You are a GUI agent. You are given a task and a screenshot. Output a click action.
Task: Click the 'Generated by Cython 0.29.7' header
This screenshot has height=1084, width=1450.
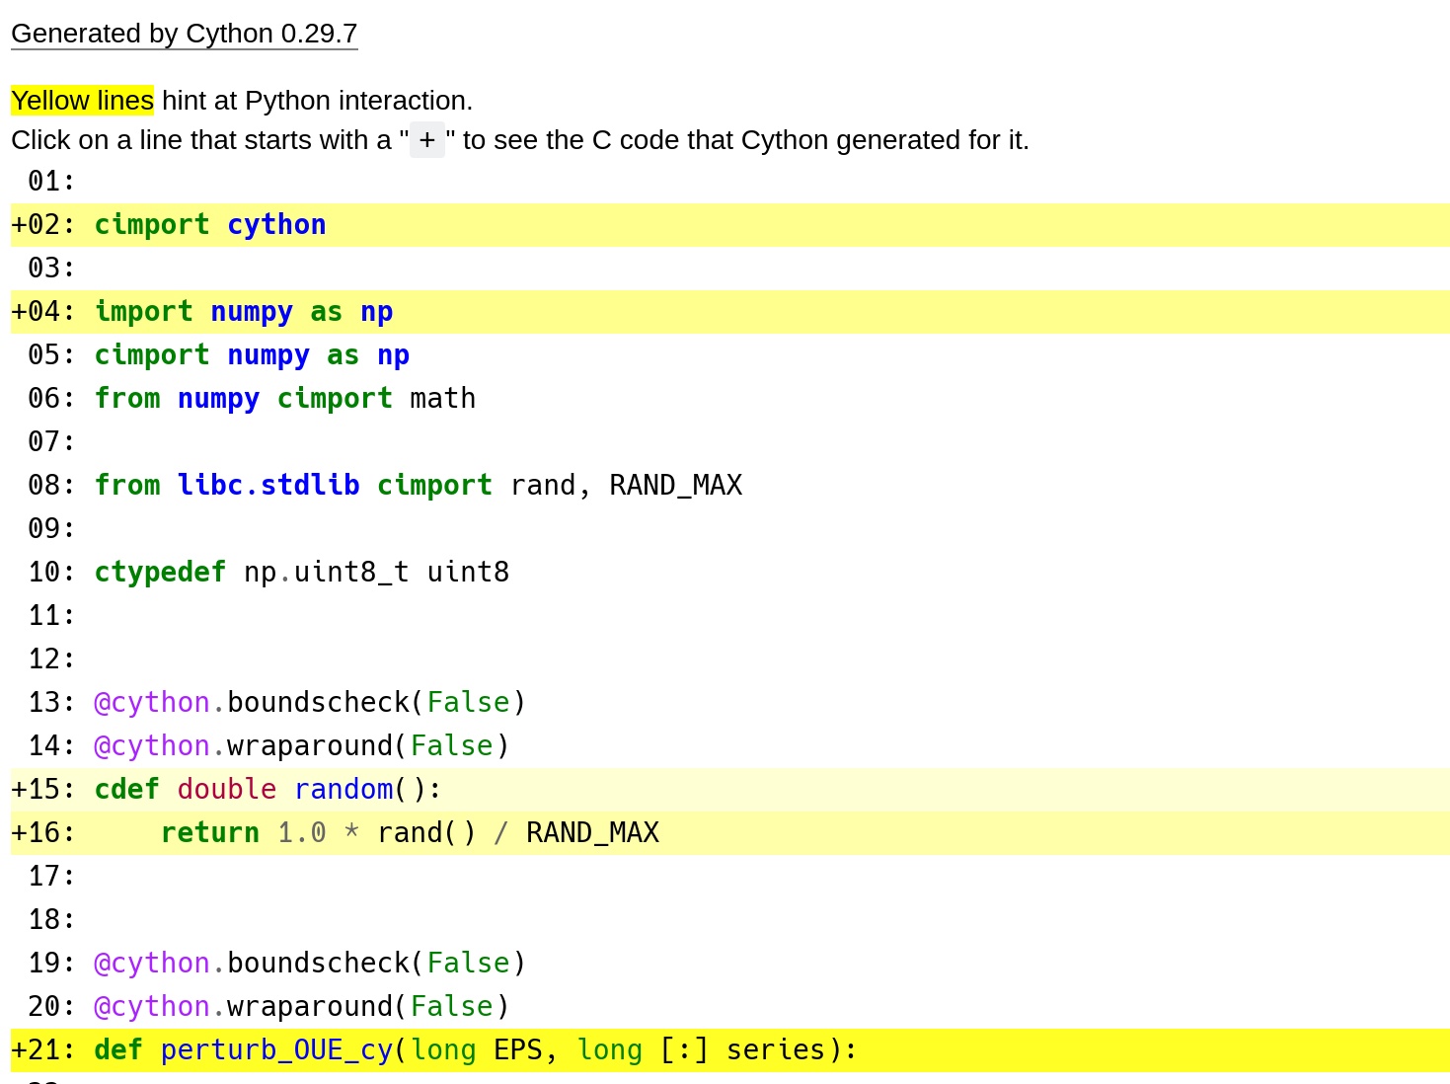[x=184, y=34]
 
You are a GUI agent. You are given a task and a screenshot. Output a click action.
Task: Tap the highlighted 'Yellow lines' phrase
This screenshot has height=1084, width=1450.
[x=82, y=101]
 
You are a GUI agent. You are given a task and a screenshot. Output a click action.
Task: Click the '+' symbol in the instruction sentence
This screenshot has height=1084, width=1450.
[x=426, y=140]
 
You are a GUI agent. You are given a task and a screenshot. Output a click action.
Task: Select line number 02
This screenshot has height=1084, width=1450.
[x=43, y=225]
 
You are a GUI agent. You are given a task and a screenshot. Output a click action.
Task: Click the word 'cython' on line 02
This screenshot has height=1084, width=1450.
[x=276, y=225]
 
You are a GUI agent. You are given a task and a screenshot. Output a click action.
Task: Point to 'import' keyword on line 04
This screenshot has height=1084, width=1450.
[x=143, y=312]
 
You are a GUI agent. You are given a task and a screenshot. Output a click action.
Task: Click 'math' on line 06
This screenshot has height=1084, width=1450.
[x=442, y=399]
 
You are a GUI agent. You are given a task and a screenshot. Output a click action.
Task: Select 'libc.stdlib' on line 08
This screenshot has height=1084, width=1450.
[x=267, y=486]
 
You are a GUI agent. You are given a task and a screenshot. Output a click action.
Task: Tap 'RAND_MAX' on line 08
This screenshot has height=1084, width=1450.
[x=675, y=486]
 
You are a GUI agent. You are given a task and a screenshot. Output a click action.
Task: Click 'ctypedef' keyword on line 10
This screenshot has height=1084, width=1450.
[x=160, y=573]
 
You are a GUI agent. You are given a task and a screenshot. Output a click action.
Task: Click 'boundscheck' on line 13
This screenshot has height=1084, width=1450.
[x=318, y=703]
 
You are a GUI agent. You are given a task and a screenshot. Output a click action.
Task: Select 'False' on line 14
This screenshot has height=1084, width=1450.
[x=451, y=746]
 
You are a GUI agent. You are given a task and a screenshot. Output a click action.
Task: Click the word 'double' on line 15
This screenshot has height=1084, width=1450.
[x=226, y=790]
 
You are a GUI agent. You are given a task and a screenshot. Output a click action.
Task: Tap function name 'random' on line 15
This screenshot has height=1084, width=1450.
[x=343, y=790]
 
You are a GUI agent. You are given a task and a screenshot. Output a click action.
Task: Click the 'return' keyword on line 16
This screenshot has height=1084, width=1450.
[x=209, y=833]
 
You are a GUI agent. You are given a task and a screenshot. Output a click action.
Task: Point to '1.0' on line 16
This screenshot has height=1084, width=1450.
[x=301, y=833]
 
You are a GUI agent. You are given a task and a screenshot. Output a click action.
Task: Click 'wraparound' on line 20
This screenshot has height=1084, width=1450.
[x=310, y=1007]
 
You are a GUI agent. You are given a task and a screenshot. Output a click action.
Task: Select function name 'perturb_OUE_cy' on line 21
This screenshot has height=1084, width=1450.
[x=276, y=1050]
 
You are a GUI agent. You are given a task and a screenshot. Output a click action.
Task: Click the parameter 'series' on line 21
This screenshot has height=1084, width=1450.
[x=775, y=1050]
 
